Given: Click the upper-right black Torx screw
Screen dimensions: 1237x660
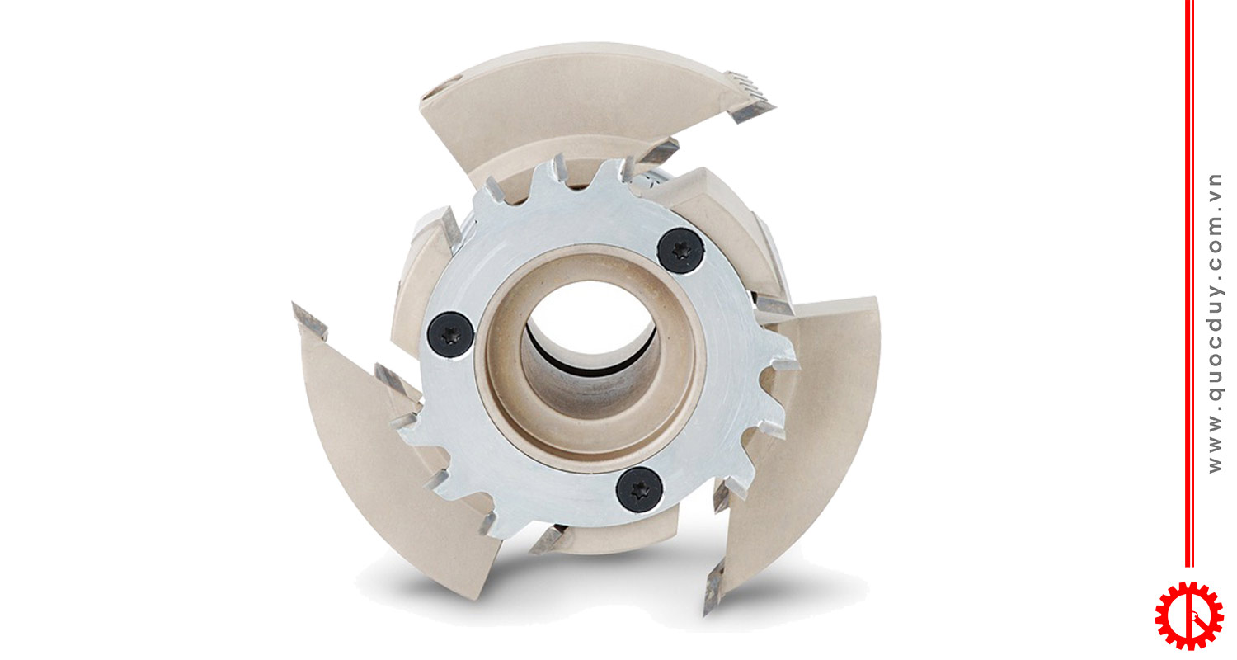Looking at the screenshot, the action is coord(680,251).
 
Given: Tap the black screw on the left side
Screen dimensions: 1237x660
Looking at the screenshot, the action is coord(450,335).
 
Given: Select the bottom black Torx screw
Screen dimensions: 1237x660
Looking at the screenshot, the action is coord(639,489).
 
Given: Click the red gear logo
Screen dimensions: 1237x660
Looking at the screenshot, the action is coord(1188,615).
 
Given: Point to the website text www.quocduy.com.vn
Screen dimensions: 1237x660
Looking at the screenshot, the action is coord(1215,323).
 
